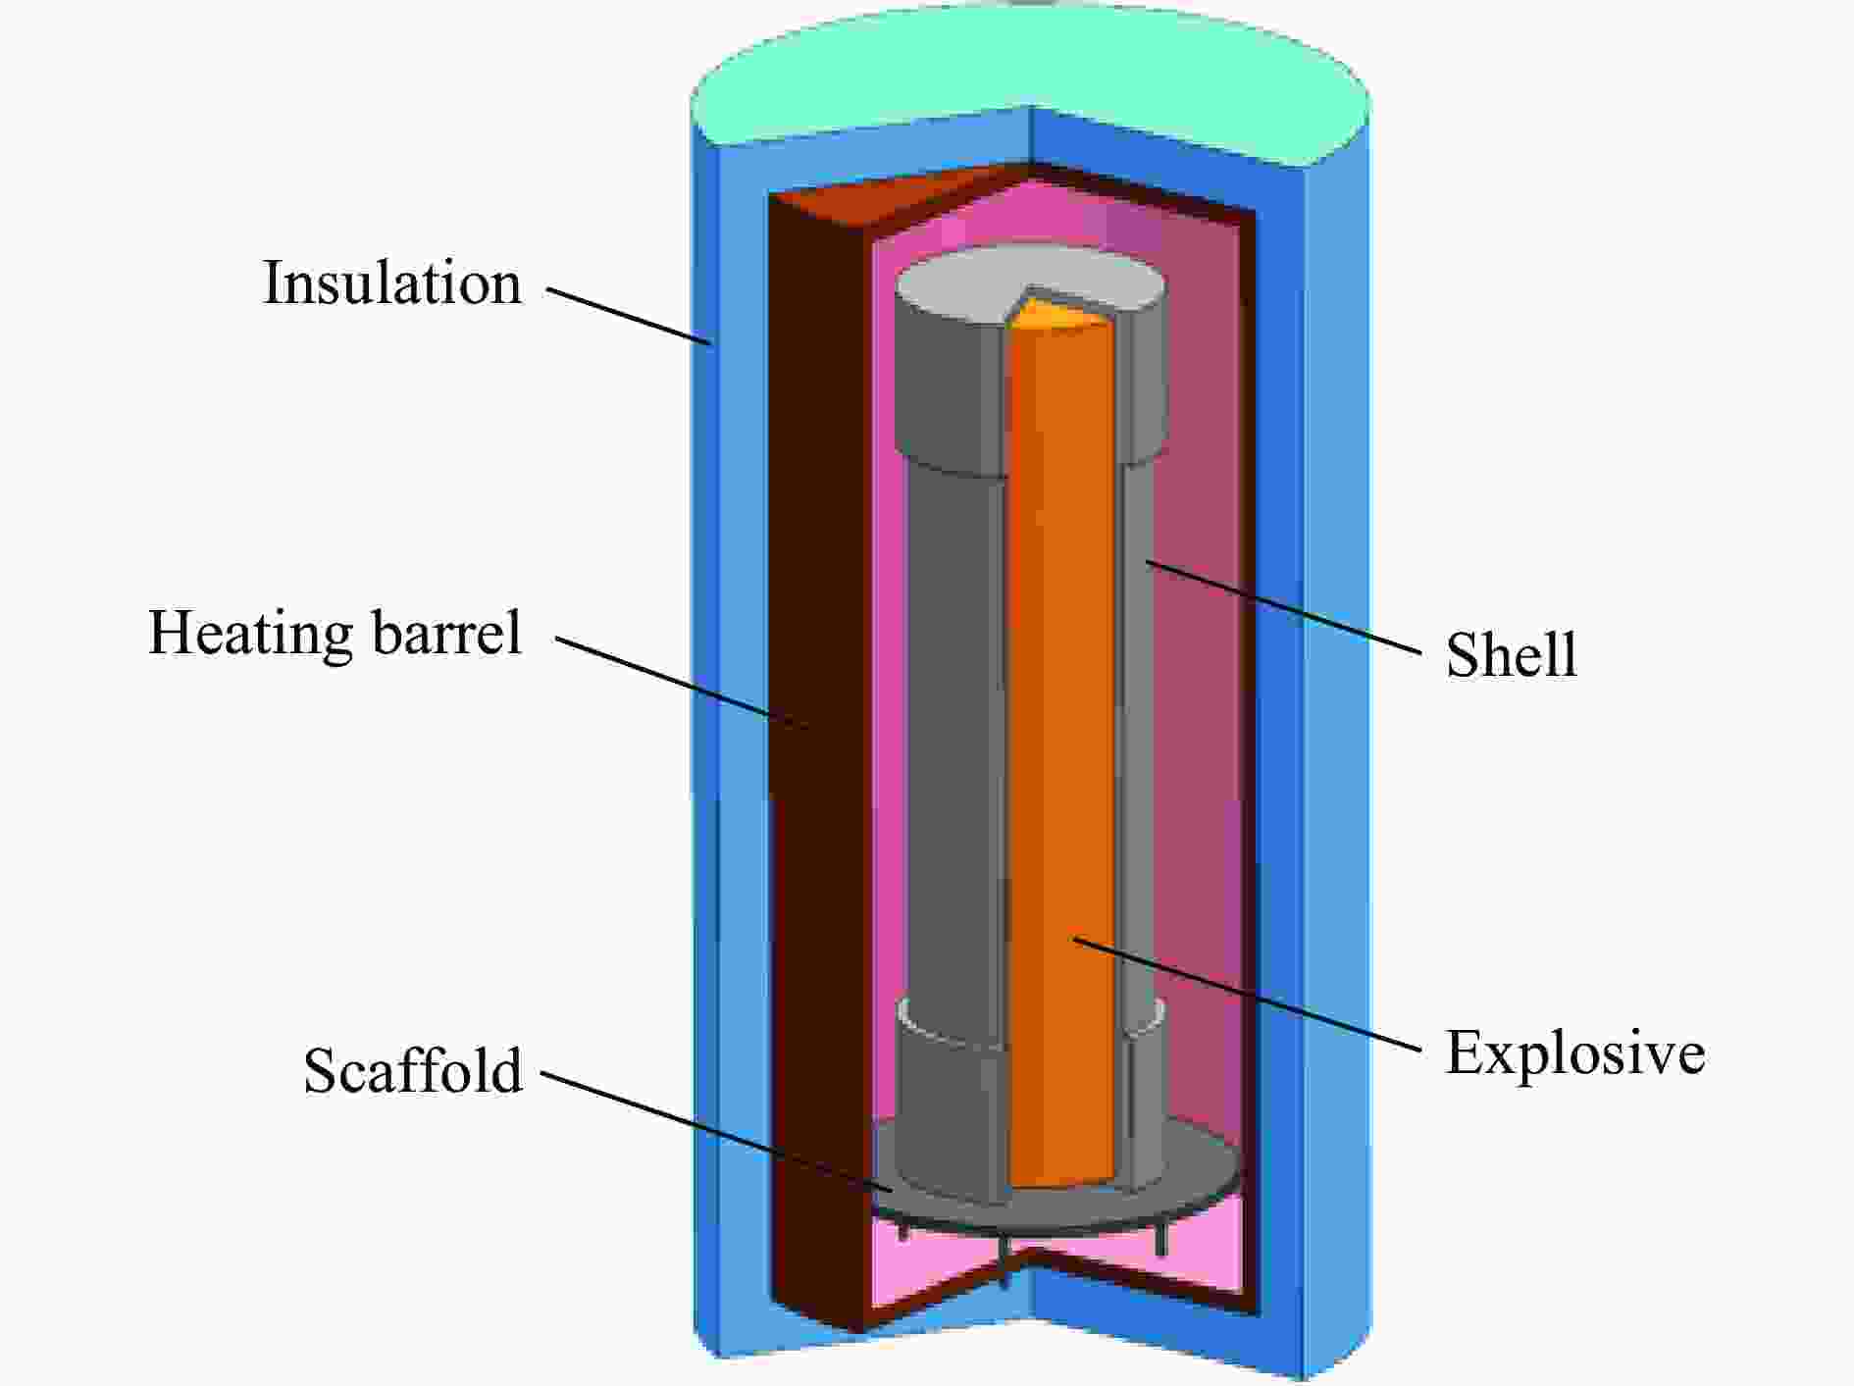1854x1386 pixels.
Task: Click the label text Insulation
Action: point(392,282)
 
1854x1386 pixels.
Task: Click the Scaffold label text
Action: point(413,1069)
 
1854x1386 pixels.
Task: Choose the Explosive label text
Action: point(1575,1052)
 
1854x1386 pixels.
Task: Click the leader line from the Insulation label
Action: point(629,316)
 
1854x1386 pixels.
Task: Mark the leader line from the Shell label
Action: point(1283,606)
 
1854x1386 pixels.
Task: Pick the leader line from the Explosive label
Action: point(1247,995)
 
